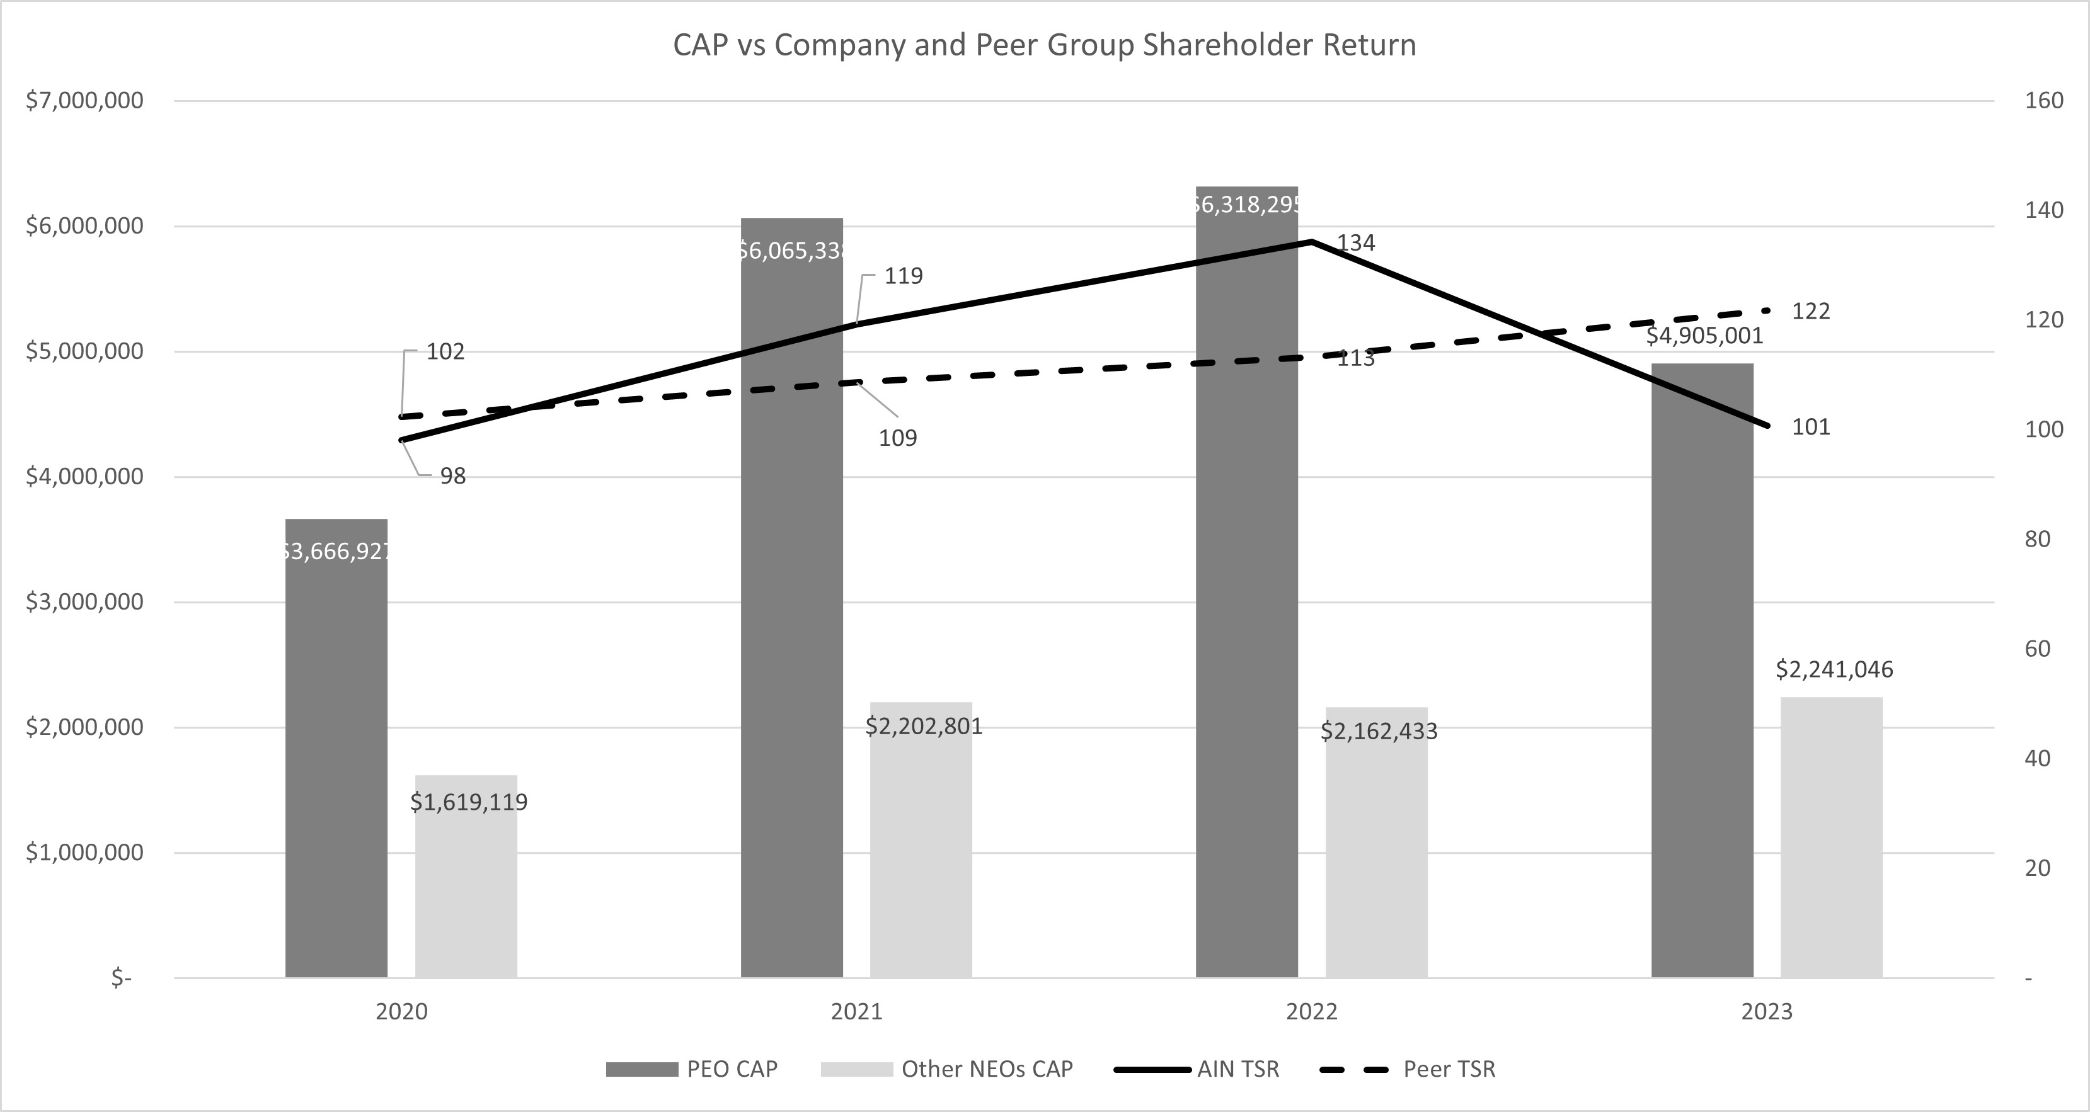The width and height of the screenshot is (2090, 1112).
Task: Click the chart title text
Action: point(1044,45)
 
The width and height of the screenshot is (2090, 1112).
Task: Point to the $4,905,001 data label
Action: point(1704,336)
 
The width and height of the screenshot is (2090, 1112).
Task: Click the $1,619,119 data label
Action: point(469,802)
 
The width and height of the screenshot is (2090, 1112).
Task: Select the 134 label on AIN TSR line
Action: point(1356,242)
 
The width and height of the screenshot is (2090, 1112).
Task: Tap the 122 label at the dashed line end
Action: point(1810,312)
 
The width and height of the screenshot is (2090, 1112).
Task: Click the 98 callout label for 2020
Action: point(453,476)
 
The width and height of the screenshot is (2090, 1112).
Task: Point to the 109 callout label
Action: point(897,438)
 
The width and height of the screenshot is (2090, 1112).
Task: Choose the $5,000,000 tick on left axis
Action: point(84,351)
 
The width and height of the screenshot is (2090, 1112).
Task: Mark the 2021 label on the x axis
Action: point(856,1011)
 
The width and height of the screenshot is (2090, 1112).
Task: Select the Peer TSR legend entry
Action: point(1408,1069)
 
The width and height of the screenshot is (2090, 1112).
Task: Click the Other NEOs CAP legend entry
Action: point(947,1069)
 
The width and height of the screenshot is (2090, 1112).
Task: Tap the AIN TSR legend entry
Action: point(1198,1069)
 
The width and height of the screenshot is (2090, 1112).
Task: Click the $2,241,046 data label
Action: point(1834,669)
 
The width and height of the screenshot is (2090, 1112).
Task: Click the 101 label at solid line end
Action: point(1810,427)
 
